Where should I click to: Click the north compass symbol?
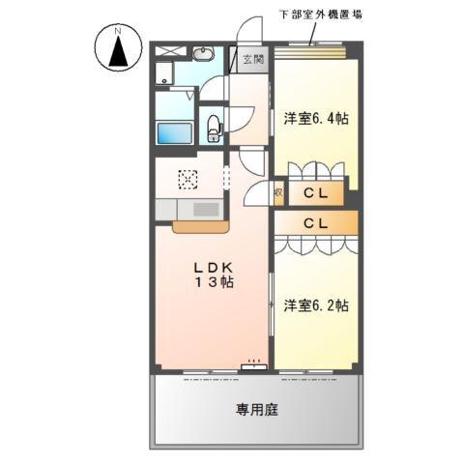pos(118,50)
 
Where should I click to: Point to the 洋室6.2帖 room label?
pos(316,304)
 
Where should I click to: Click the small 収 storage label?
pos(278,193)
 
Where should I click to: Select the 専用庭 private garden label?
pos(257,410)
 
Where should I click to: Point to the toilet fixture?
pos(213,125)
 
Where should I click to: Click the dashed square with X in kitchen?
pos(188,178)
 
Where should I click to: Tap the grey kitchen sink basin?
pos(206,208)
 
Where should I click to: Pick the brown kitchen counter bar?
pos(199,227)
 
